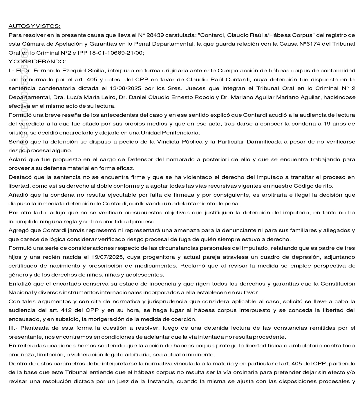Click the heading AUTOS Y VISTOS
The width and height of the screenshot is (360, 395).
tap(34, 26)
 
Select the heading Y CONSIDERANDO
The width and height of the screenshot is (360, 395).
tap(37, 62)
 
